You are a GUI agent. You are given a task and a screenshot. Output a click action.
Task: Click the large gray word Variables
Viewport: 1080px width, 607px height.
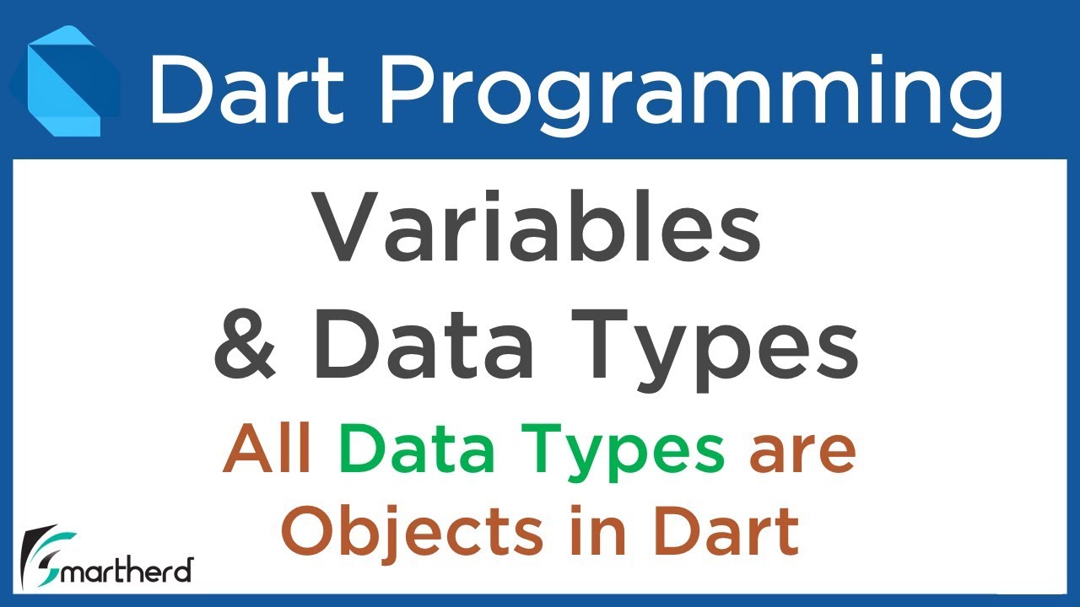point(537,228)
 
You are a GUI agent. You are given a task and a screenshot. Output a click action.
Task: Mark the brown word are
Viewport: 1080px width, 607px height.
point(802,451)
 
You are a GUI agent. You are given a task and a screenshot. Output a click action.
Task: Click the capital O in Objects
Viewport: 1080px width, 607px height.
point(309,532)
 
